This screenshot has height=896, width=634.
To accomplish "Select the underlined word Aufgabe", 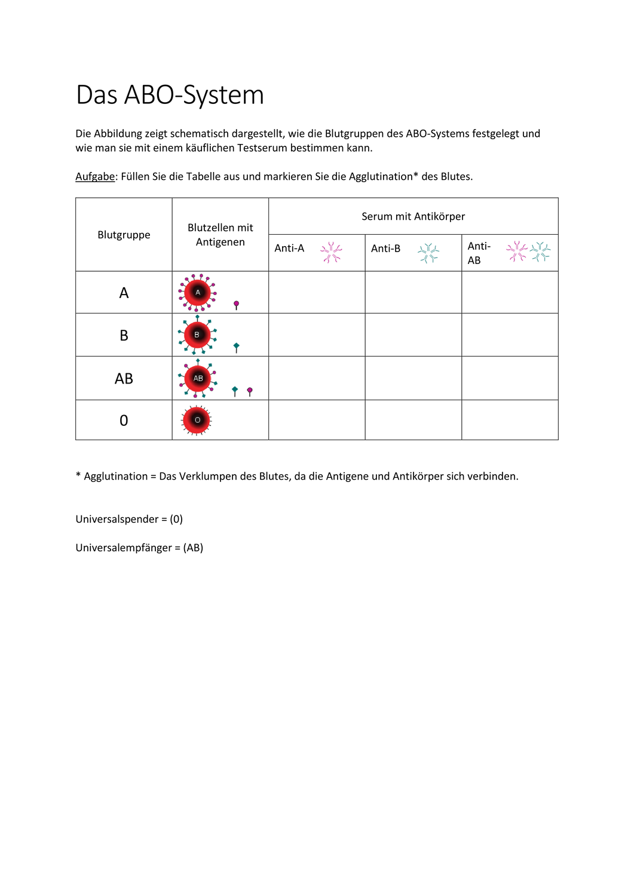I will [95, 177].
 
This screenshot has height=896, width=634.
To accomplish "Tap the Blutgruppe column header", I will [124, 235].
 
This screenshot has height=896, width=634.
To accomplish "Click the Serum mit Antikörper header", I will [413, 216].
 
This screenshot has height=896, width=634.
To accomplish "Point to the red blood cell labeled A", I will [197, 293].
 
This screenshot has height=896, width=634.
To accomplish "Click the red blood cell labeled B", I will [197, 335].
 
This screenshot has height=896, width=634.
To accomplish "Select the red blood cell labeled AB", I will [198, 378].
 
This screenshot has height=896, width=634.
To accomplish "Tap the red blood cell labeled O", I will [197, 420].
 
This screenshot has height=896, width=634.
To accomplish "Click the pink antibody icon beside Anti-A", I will [331, 253].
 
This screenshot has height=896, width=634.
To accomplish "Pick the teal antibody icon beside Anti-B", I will [428, 253].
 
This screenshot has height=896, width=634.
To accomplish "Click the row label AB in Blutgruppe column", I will [124, 379].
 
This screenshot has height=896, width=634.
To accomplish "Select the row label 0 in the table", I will [124, 421].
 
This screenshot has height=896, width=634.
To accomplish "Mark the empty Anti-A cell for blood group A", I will [317, 293].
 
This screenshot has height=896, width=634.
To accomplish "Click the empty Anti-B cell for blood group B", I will [413, 335].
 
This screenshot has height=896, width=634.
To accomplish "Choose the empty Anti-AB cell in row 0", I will [510, 420].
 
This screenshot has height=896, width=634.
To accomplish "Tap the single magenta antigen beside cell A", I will [237, 305].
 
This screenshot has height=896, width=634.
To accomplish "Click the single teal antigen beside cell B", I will [237, 347].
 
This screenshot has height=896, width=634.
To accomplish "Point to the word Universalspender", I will [117, 520].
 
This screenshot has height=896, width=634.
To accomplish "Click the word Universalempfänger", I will [123, 548].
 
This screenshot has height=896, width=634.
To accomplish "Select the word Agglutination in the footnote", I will [115, 477].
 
